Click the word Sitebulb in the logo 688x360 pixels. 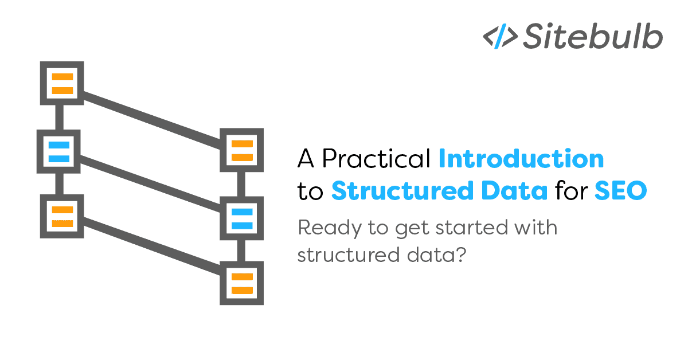593,37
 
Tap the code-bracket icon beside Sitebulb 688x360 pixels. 499,37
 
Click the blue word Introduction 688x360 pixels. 521,158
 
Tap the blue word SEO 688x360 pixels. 620,191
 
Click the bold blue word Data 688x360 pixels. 515,191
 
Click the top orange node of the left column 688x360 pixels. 62,84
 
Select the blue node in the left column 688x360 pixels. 58,151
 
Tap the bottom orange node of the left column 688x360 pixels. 62,216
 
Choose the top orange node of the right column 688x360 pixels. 242,150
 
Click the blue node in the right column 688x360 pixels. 242,218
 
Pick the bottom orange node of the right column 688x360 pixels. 242,283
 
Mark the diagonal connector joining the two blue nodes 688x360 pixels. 150,185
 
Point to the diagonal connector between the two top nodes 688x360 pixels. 152,117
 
